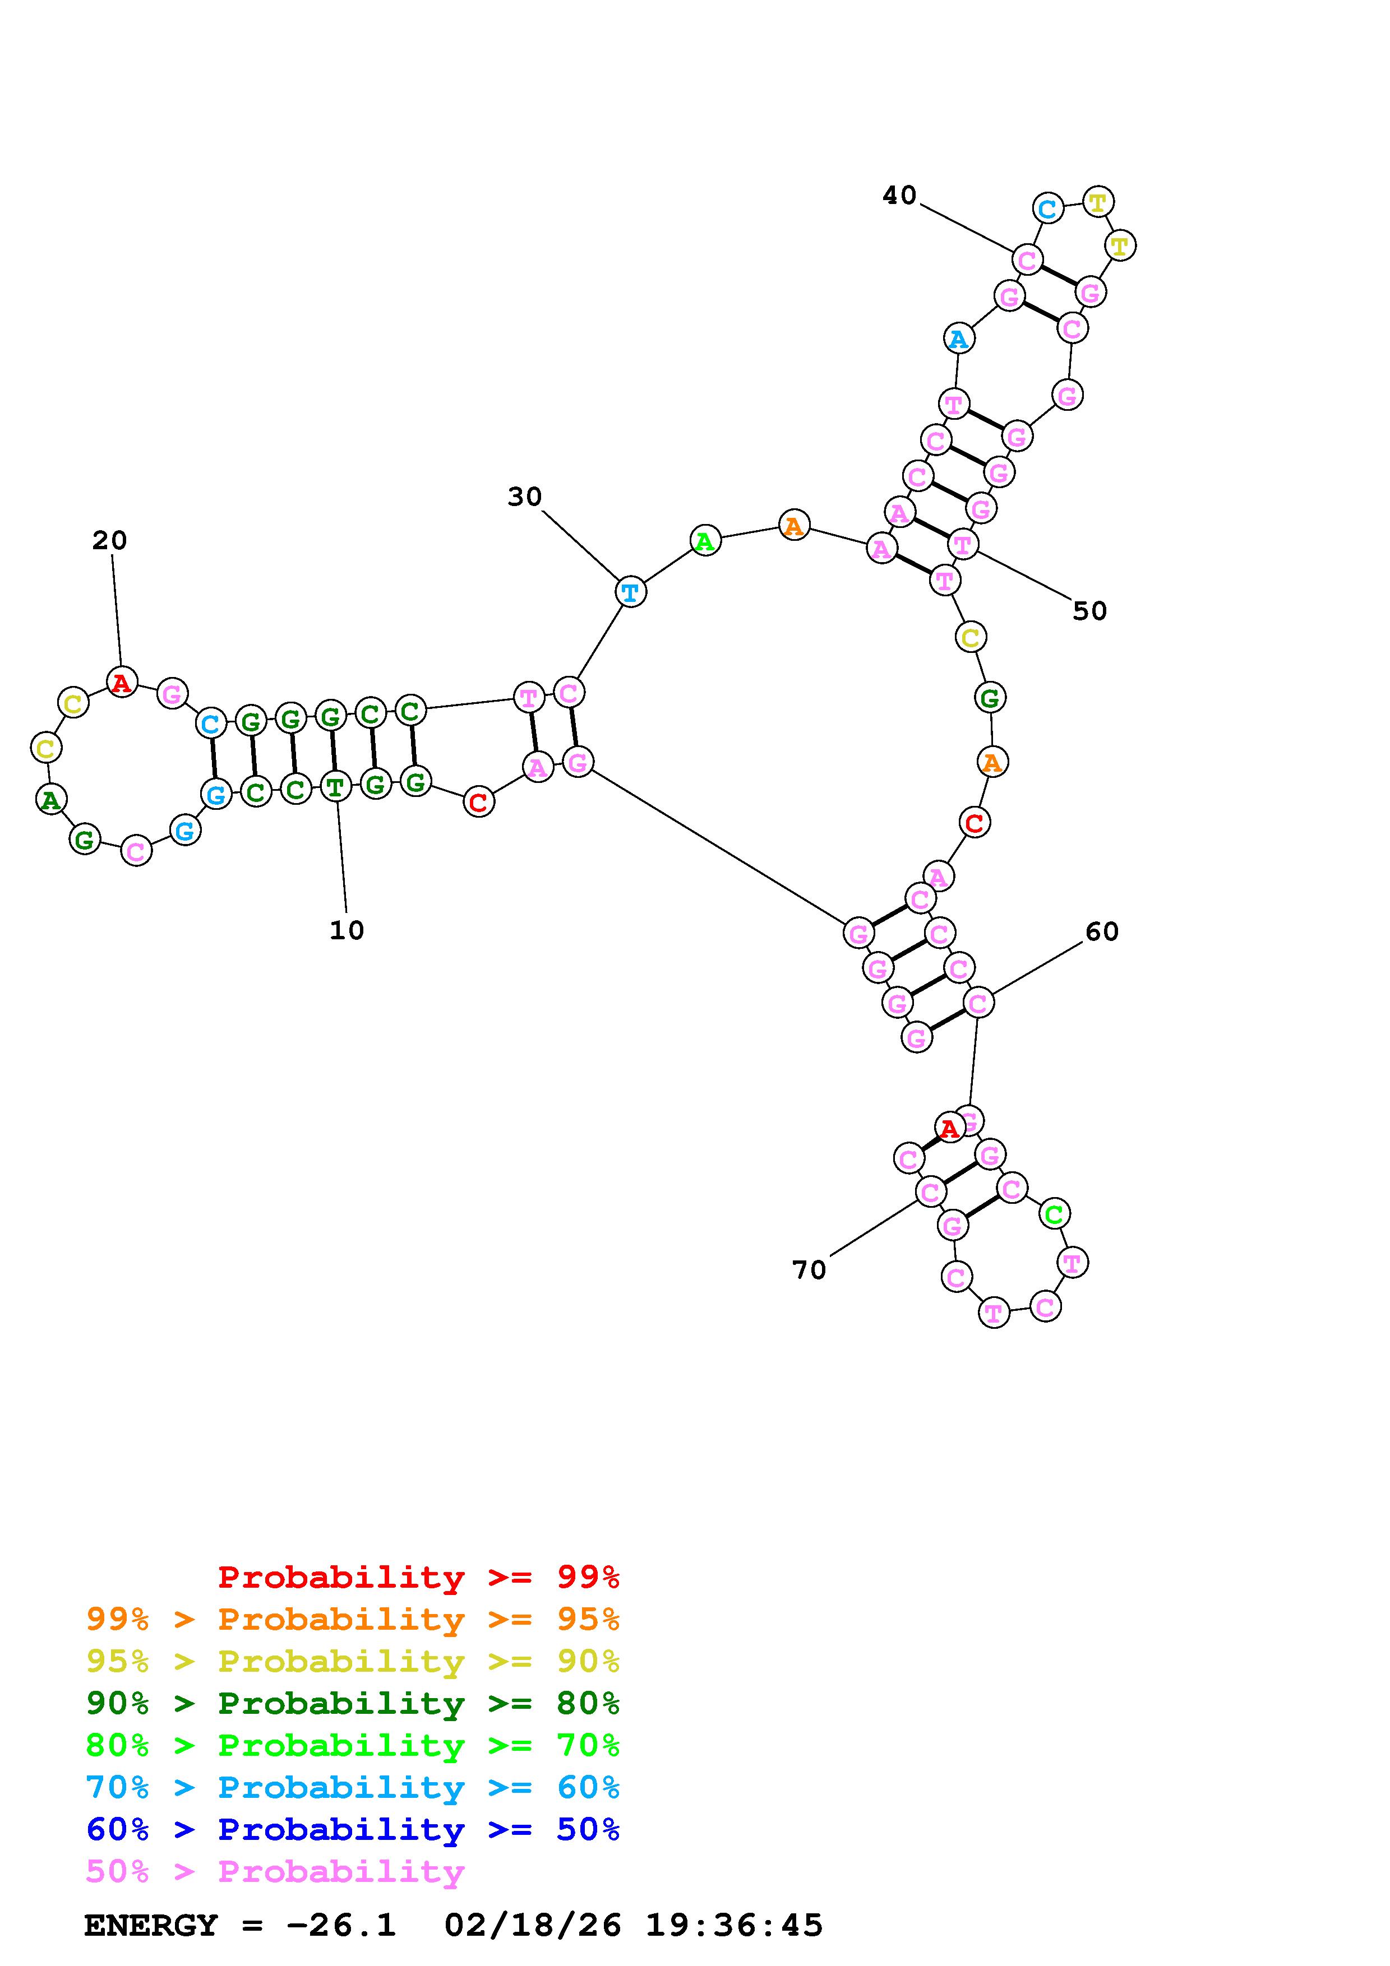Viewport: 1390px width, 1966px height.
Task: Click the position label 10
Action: pyautogui.click(x=347, y=931)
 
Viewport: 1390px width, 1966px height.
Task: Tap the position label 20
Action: pyautogui.click(x=110, y=540)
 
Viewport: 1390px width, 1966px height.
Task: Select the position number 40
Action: pyautogui.click(x=899, y=196)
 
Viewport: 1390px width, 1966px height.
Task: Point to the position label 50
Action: pyautogui.click(x=1089, y=611)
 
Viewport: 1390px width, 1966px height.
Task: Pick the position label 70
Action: pyautogui.click(x=809, y=1270)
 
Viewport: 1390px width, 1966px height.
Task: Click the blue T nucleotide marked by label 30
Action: pyautogui.click(x=630, y=592)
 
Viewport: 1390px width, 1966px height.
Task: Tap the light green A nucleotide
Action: pyautogui.click(x=705, y=541)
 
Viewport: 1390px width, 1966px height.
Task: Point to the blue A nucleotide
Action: pyautogui.click(x=958, y=339)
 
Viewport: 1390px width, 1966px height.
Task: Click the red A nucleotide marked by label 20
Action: pyautogui.click(x=122, y=683)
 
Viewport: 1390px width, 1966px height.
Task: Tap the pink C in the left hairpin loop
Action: pyautogui.click(x=135, y=851)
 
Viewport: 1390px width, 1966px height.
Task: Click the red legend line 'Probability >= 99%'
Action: pyautogui.click(x=418, y=1577)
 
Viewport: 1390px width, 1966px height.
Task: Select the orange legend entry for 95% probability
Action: pyautogui.click(x=353, y=1619)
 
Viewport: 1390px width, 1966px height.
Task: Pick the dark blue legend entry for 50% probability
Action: pyautogui.click(x=353, y=1829)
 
